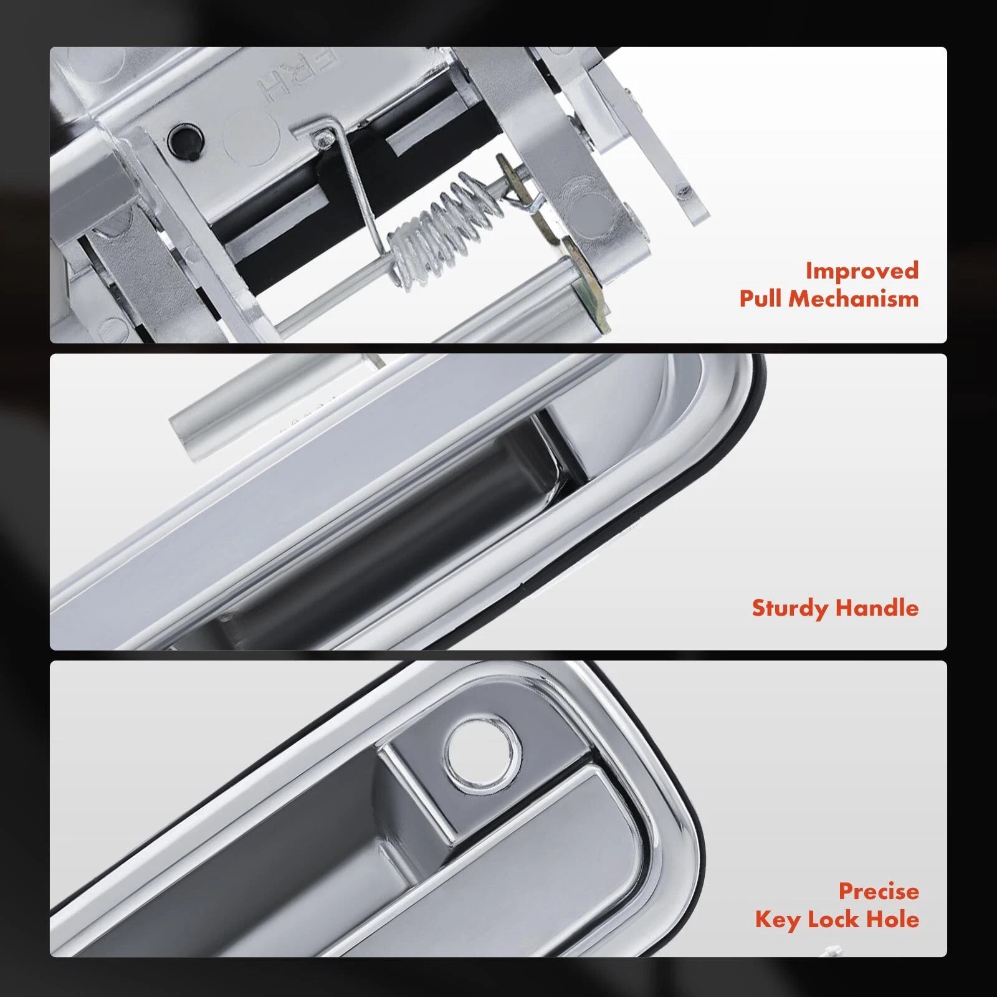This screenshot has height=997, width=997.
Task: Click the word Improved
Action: (x=862, y=271)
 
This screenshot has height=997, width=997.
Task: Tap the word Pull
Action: (x=761, y=298)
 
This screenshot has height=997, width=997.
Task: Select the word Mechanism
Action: (x=854, y=298)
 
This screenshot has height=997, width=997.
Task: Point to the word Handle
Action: (x=877, y=608)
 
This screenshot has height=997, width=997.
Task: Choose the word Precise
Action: (x=879, y=891)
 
